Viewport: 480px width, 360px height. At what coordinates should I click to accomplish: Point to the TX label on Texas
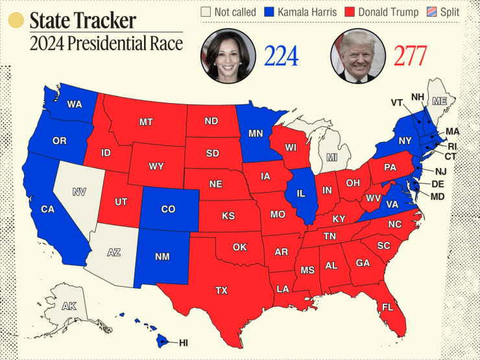222,291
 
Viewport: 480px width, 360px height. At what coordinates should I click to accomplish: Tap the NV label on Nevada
79,191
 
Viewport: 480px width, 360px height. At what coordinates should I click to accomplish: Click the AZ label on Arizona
114,252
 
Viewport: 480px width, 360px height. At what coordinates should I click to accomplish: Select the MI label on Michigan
332,158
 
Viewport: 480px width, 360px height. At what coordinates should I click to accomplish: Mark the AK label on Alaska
69,306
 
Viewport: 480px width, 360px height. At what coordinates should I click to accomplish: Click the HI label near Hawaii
183,342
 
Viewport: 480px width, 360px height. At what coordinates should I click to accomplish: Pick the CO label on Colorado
169,209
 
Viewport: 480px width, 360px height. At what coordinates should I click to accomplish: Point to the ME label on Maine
440,101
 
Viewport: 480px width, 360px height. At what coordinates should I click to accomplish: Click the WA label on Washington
74,104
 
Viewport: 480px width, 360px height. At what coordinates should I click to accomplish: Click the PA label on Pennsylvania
390,167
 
